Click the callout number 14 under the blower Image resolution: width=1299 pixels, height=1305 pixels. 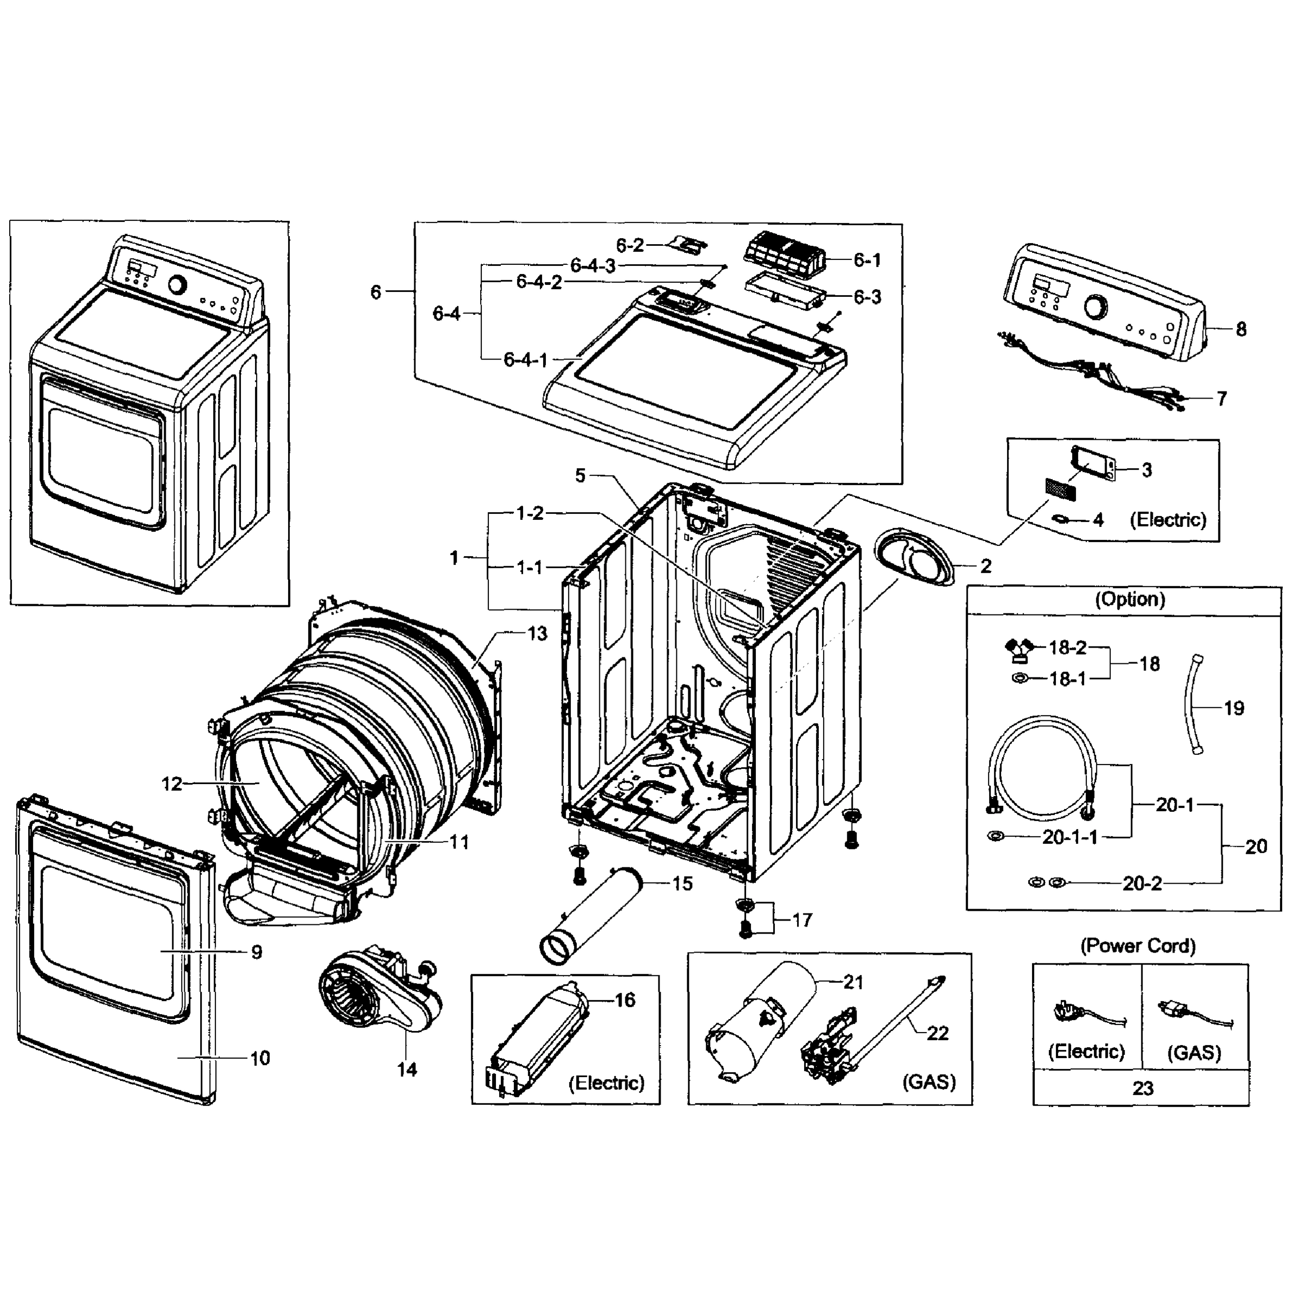pyautogui.click(x=407, y=1069)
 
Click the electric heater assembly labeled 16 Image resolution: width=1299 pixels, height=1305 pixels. pyautogui.click(x=537, y=1040)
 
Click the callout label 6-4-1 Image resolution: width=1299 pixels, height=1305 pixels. pyautogui.click(x=526, y=360)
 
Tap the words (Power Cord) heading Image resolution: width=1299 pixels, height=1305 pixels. pyautogui.click(x=1138, y=946)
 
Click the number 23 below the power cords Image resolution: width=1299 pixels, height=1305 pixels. pyautogui.click(x=1142, y=1088)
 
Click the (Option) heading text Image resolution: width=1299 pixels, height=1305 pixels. pyautogui.click(x=1129, y=599)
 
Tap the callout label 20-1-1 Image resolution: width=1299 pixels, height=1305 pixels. pyautogui.click(x=1070, y=837)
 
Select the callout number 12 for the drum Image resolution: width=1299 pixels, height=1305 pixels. pyautogui.click(x=172, y=784)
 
